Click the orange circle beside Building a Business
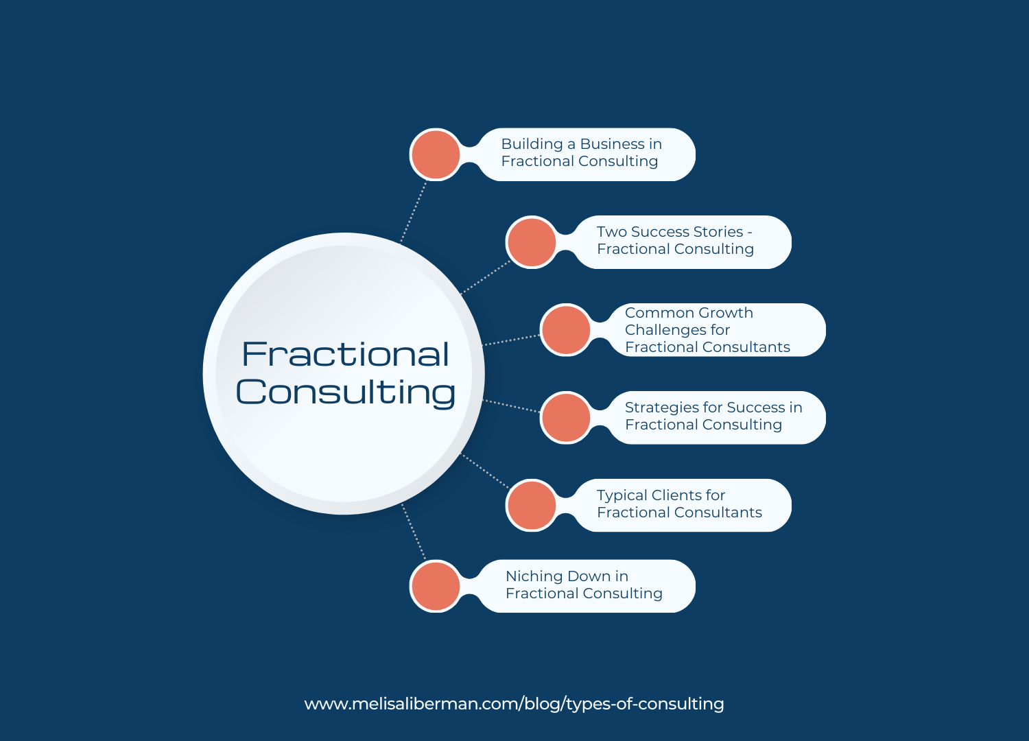[x=436, y=154]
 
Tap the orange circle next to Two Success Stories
[x=532, y=242]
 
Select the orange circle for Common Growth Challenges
[x=566, y=330]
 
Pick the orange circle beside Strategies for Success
[x=566, y=417]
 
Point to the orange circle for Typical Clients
[x=532, y=505]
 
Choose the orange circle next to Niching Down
[x=436, y=586]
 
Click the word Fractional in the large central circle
[x=346, y=354]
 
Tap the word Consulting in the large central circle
[x=346, y=392]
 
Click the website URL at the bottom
[x=514, y=704]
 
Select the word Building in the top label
[x=532, y=144]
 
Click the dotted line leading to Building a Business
[x=414, y=212]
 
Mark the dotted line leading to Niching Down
[x=413, y=532]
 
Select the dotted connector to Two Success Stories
[x=485, y=277]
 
